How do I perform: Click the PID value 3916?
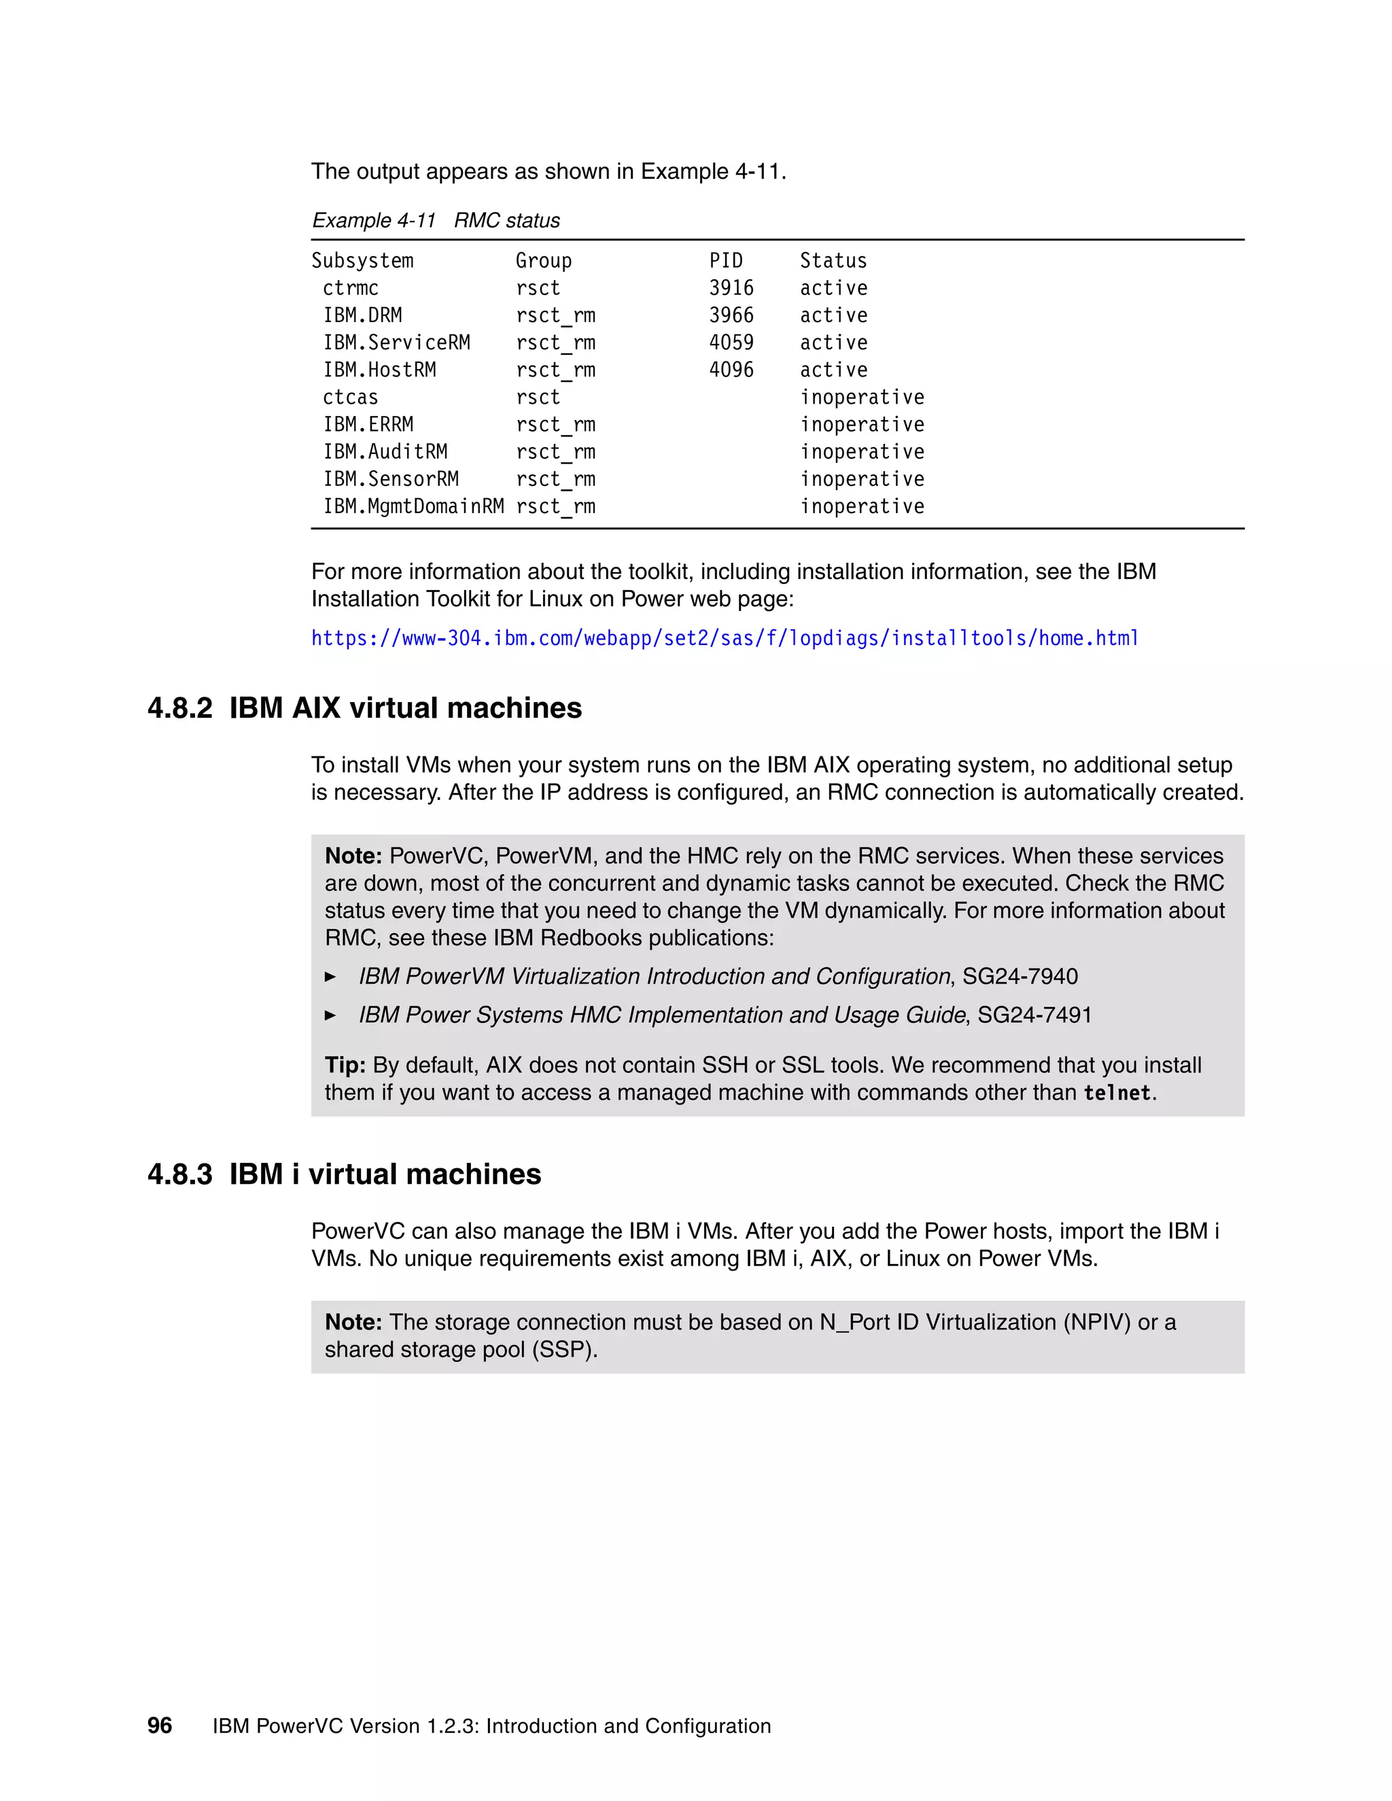(731, 287)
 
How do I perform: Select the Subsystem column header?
(362, 260)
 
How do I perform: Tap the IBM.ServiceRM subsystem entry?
(396, 343)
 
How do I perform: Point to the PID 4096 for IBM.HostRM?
(731, 370)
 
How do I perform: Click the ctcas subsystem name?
(349, 398)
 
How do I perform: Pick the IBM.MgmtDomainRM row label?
(413, 506)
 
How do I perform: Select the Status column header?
(833, 260)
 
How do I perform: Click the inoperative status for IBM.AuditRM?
(862, 452)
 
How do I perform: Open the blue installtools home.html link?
(724, 638)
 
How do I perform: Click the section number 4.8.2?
(179, 708)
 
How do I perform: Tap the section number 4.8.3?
(179, 1174)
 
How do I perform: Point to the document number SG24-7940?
(1020, 977)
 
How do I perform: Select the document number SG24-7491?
(1034, 1015)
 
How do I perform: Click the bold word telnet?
(1117, 1093)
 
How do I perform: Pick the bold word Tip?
(345, 1066)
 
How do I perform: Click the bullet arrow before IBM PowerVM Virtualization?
(331, 977)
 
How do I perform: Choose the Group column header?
(544, 260)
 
